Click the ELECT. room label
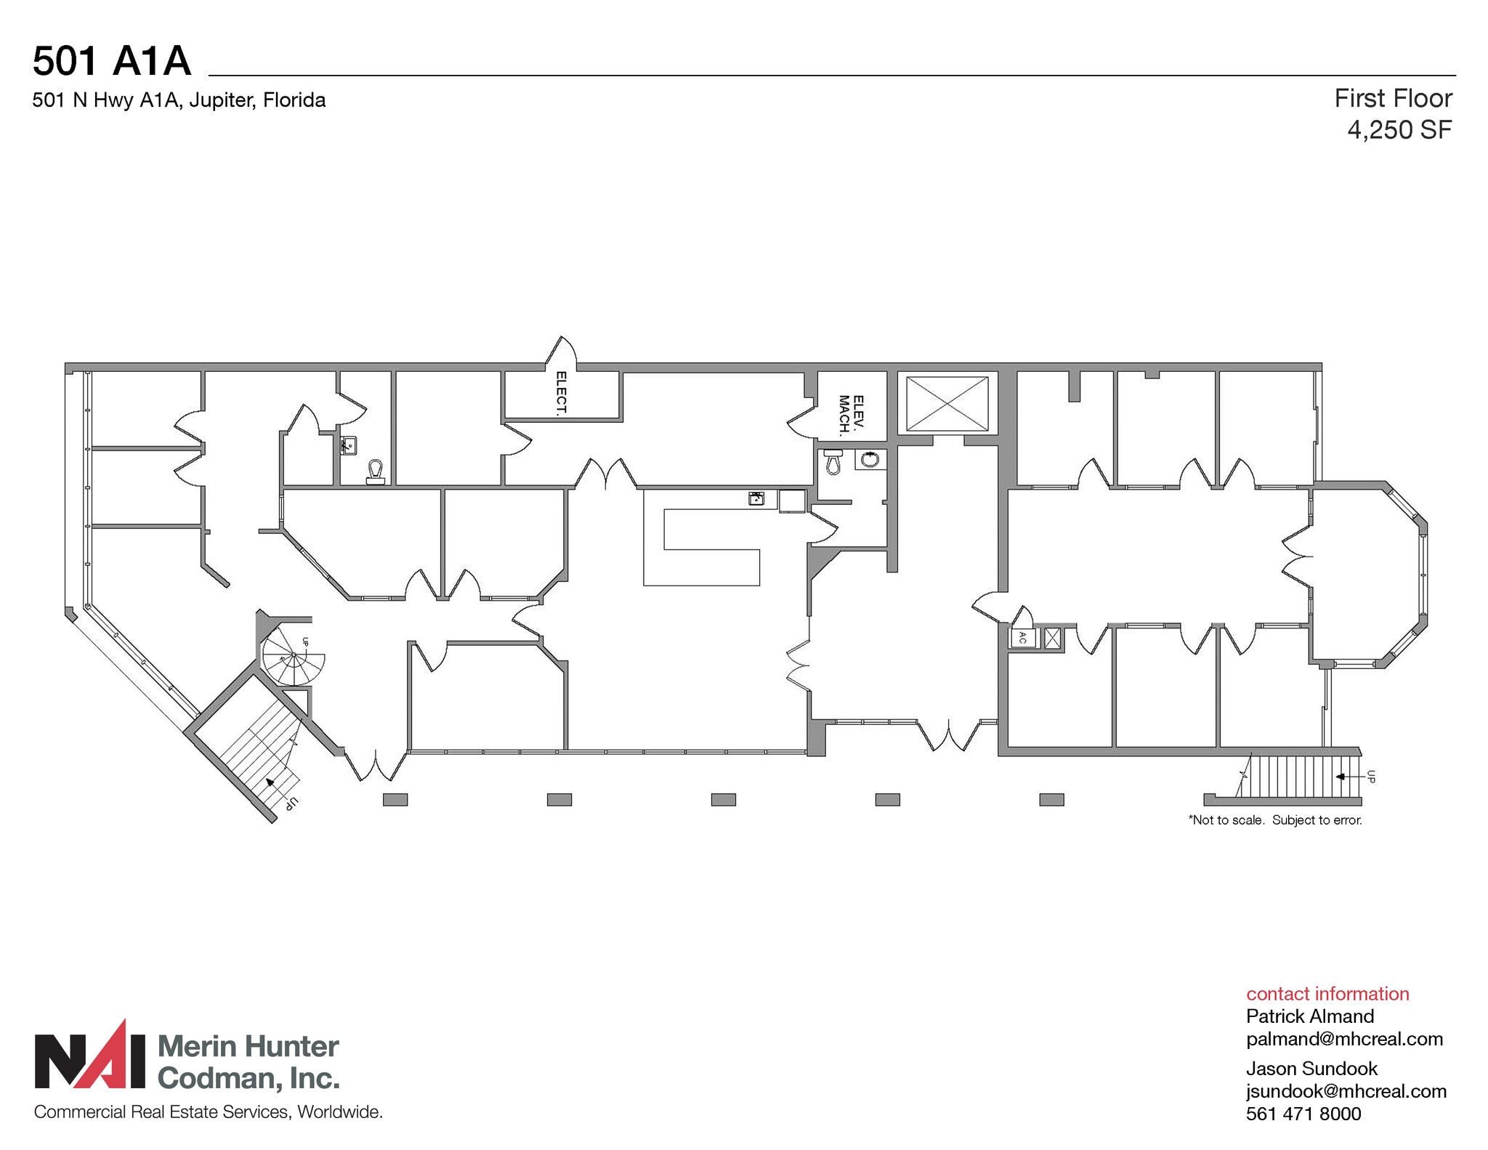pos(561,393)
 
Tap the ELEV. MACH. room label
pos(851,415)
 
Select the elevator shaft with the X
pos(947,404)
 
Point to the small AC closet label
pos(1022,638)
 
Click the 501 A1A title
pos(112,60)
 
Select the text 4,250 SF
pos(1399,130)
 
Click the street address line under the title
pos(179,100)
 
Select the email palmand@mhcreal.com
pos(1344,1039)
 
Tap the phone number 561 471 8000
pos(1303,1114)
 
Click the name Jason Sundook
pos(1311,1069)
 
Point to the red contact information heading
pos(1327,994)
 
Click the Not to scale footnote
pos(1275,820)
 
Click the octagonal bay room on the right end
pos(1366,574)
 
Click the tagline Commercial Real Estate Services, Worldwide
pos(208,1112)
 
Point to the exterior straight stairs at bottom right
pos(1301,777)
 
